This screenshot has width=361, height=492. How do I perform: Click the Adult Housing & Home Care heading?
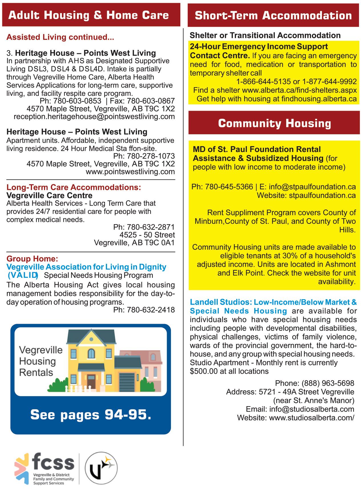pos(88,15)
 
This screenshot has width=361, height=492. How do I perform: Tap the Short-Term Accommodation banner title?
pos(273,15)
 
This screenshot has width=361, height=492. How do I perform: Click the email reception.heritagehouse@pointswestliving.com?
pos(94,117)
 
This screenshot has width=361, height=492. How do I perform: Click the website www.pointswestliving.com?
pos(130,172)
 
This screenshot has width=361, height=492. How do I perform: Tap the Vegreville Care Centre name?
pos(49,196)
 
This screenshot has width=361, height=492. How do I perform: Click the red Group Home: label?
pos(32,259)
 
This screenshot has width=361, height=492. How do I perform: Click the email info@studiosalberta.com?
pos(312,409)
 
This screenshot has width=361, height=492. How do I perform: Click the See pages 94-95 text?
pos(90,415)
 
